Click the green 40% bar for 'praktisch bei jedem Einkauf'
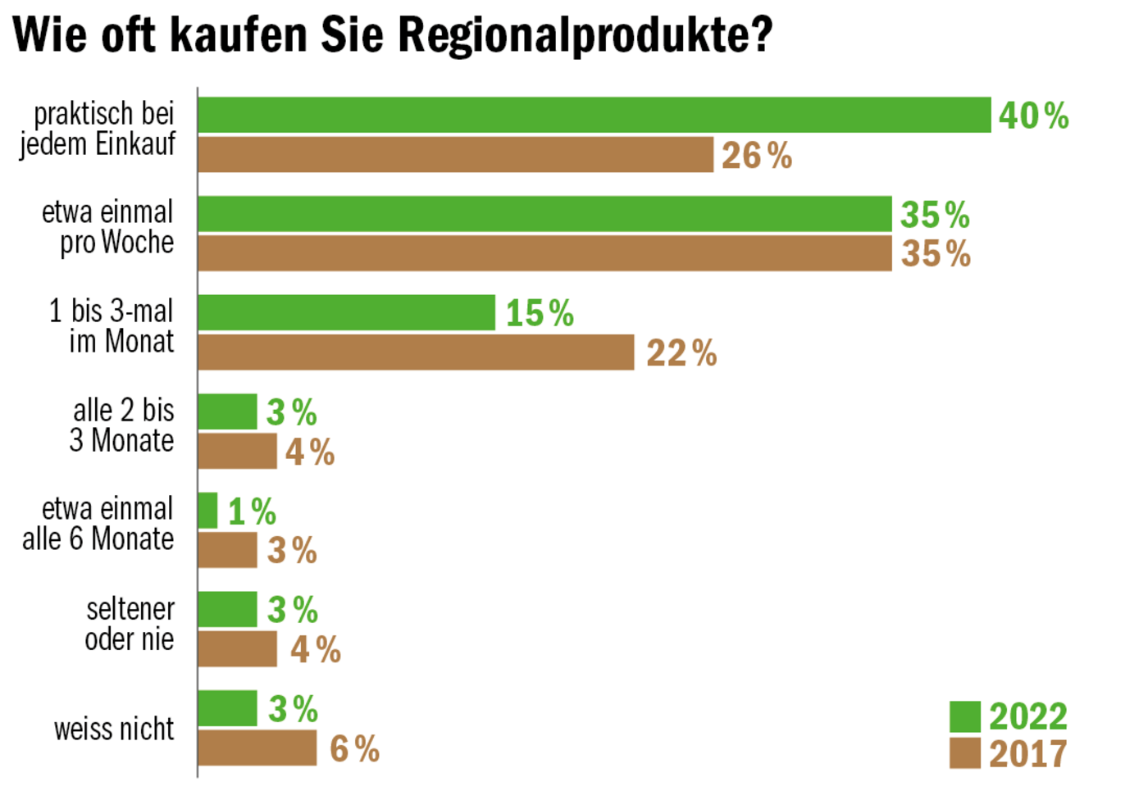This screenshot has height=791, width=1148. [x=594, y=115]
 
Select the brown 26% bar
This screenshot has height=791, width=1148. [x=455, y=154]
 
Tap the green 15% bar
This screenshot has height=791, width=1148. [x=346, y=312]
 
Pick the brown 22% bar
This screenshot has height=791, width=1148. [x=416, y=352]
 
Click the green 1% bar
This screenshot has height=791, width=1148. [x=207, y=511]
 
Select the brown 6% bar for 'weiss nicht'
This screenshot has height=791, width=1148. [x=257, y=748]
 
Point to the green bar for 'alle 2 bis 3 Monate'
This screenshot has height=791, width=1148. [x=227, y=411]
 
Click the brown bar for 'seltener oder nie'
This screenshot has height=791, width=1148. [x=238, y=648]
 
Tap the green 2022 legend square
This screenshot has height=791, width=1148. [x=964, y=716]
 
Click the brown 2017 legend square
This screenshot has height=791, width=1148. [x=964, y=753]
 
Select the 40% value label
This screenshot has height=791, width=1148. [x=1033, y=116]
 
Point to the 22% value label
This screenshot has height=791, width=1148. [x=681, y=353]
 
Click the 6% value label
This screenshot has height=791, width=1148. [x=354, y=748]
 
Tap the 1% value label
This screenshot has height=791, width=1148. [x=252, y=511]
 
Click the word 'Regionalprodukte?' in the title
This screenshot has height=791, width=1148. [x=586, y=34]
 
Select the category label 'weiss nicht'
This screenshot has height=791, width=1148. [x=114, y=728]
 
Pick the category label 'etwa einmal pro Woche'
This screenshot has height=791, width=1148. [x=108, y=227]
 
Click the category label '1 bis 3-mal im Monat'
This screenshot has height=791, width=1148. [x=112, y=325]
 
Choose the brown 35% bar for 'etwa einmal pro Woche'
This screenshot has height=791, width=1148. [x=544, y=253]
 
